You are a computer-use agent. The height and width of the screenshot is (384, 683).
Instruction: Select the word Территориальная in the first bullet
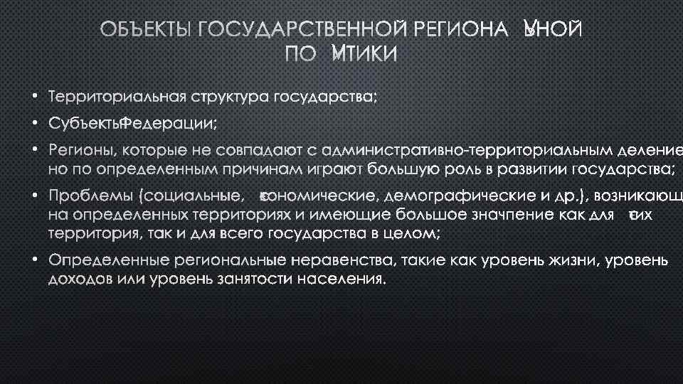click(x=112, y=97)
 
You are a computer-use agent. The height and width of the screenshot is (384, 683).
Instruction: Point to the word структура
click(x=216, y=97)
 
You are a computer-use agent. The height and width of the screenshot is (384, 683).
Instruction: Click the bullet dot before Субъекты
click(x=34, y=124)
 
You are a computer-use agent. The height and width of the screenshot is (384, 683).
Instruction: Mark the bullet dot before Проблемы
click(x=34, y=194)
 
